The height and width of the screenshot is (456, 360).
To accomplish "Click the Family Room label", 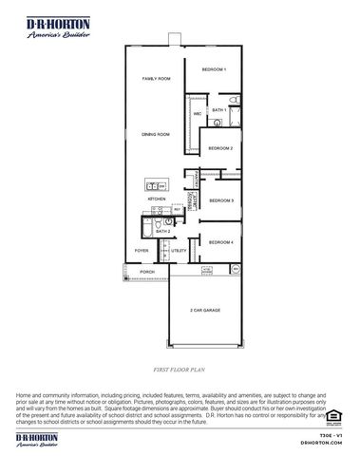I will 156,78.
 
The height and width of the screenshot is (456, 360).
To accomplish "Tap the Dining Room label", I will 156,135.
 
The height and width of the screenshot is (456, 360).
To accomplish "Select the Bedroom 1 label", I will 213,69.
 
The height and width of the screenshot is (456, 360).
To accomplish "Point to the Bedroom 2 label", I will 220,148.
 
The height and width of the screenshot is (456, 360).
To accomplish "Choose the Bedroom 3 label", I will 220,200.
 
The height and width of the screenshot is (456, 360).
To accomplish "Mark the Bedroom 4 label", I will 220,242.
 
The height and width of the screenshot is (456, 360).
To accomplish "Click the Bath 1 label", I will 218,110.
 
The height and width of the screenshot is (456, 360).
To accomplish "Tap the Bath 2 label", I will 162,231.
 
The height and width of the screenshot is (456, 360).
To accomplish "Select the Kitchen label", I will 156,199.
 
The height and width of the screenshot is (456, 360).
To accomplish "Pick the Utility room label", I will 179,251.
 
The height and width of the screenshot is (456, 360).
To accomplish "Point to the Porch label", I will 147,272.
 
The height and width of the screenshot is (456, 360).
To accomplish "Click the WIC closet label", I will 198,114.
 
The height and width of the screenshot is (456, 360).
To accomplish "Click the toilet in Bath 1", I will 233,100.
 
